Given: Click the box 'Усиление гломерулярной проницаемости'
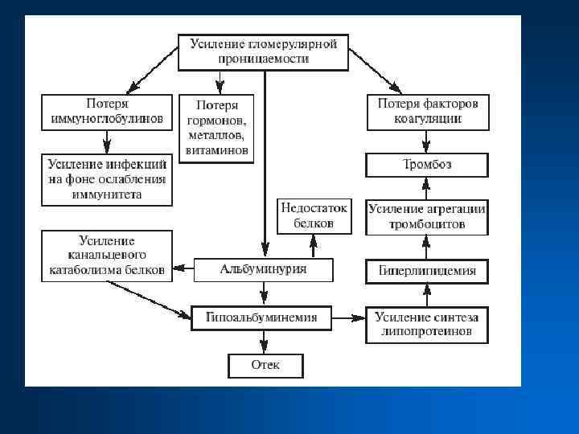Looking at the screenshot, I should pyautogui.click(x=262, y=51).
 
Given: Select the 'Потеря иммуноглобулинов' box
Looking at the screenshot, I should pyautogui.click(x=107, y=113).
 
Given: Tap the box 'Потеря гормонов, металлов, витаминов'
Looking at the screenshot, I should pyautogui.click(x=216, y=129).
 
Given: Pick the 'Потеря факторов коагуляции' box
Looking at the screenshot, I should pyautogui.click(x=427, y=113).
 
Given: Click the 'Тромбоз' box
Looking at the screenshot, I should pyautogui.click(x=427, y=166).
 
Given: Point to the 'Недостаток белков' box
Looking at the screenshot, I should pyautogui.click(x=314, y=216).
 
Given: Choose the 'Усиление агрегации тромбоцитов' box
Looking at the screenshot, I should pyautogui.click(x=427, y=217).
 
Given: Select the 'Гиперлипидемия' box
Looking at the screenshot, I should pyautogui.click(x=427, y=271).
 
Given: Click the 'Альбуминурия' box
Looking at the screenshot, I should pyautogui.click(x=262, y=270).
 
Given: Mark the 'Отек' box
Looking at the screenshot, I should pyautogui.click(x=265, y=366).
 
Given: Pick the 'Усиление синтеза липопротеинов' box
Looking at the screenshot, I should pyautogui.click(x=427, y=324).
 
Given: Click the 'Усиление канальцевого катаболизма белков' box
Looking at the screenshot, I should pyautogui.click(x=107, y=256).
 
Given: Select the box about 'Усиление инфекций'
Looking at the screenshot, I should pyautogui.click(x=107, y=179).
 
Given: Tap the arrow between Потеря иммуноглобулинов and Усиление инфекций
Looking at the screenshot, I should pyautogui.click(x=107, y=142).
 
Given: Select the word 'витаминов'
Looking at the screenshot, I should pyautogui.click(x=216, y=150).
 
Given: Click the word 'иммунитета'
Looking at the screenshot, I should pyautogui.click(x=107, y=194).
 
